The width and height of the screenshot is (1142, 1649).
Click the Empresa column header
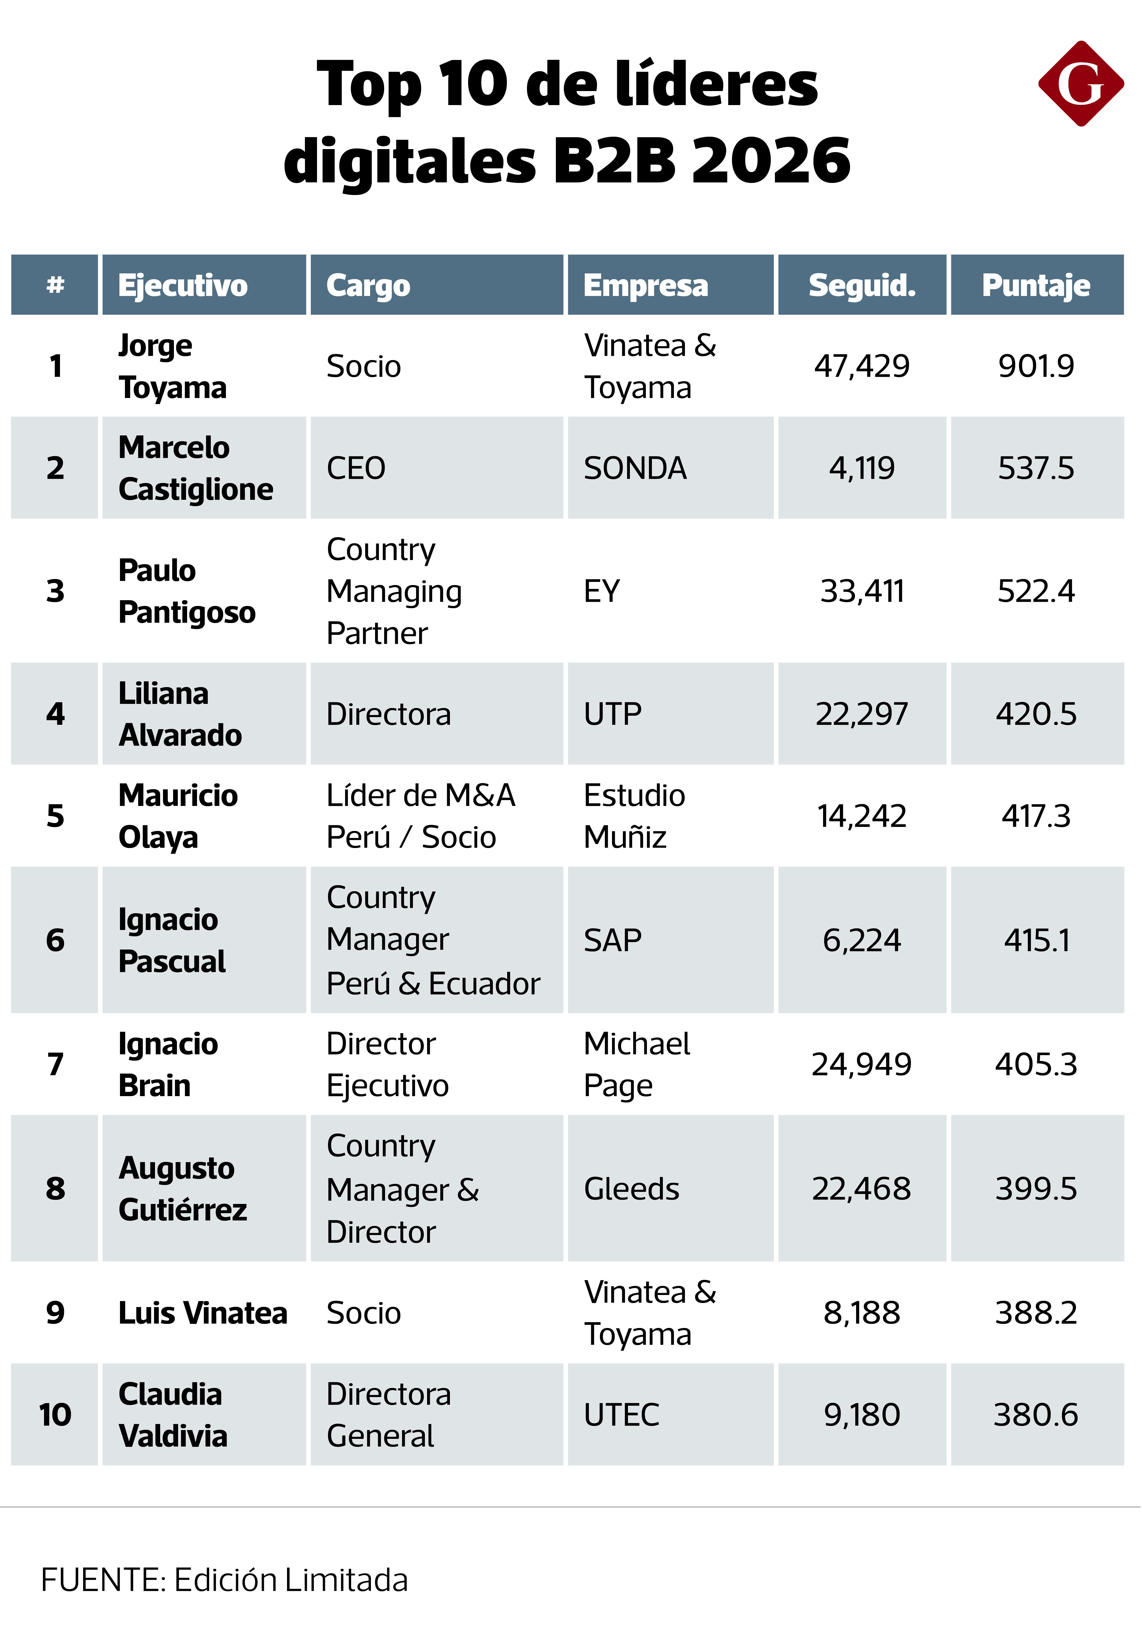coord(645,285)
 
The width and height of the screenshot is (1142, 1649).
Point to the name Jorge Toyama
coord(173,366)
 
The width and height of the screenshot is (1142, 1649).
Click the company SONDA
coord(635,468)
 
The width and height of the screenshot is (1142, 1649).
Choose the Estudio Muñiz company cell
coord(634,816)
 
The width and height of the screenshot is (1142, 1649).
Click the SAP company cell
coord(613,940)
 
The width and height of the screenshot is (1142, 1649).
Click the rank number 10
coord(55,1414)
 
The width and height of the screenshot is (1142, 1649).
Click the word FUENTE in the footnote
coord(103,1580)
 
